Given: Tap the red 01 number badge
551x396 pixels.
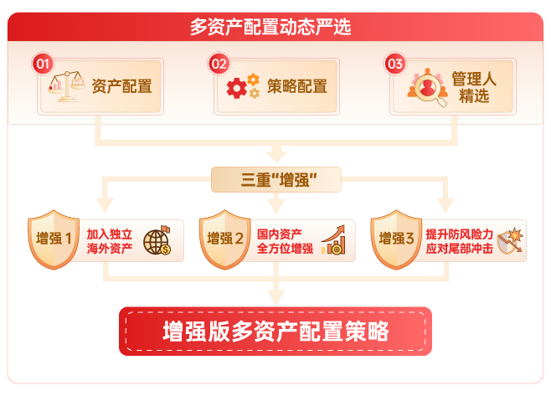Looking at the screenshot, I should (43, 64).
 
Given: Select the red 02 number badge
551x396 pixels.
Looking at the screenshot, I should (219, 64).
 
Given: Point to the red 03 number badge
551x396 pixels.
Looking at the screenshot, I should (395, 64).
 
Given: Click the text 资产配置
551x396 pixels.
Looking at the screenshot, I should (121, 86).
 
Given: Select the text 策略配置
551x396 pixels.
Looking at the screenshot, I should (297, 86).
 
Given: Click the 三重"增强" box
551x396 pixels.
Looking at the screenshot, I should (276, 180).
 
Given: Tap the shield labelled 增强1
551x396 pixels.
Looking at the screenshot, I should (55, 239).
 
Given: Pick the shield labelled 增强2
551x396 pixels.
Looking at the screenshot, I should (226, 239).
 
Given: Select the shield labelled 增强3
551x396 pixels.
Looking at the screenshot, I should (397, 239).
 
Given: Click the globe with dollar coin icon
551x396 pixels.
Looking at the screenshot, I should (156, 240).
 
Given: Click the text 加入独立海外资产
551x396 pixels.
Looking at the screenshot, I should (110, 241).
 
